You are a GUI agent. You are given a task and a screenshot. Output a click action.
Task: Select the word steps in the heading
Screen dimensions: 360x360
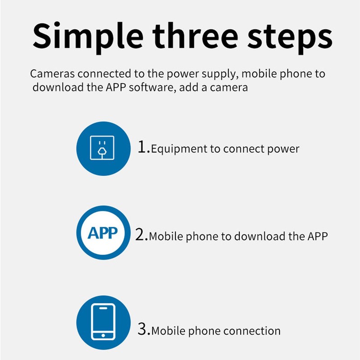coord(290,38)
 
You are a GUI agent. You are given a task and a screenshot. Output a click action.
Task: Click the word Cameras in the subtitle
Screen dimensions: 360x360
coord(52,74)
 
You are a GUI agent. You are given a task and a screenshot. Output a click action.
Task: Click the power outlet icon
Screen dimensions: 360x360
coord(102,148)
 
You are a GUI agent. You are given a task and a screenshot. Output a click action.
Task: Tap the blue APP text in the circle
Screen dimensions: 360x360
coord(103,233)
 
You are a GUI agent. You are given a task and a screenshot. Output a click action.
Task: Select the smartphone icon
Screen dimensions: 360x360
coord(103,322)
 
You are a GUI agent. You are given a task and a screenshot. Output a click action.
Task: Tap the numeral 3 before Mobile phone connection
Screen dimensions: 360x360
coord(142,329)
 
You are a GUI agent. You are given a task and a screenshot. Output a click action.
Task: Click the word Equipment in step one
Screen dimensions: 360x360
coord(179,149)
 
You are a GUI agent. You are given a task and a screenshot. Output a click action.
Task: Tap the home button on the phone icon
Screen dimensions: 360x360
coord(103,335)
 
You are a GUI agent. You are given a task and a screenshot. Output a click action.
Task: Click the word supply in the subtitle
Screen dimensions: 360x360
coord(220,74)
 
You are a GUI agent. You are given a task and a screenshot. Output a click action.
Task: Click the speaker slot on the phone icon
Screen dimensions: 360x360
coord(103,308)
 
